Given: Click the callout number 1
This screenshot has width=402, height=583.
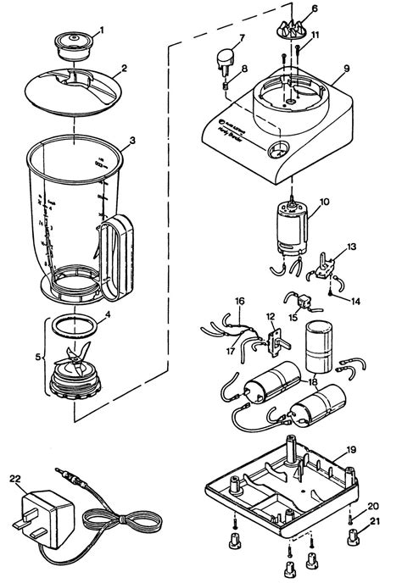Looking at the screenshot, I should (103, 31).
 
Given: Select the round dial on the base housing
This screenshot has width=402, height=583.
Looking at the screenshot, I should (276, 153).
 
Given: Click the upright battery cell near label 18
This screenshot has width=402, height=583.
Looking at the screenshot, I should (319, 348).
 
